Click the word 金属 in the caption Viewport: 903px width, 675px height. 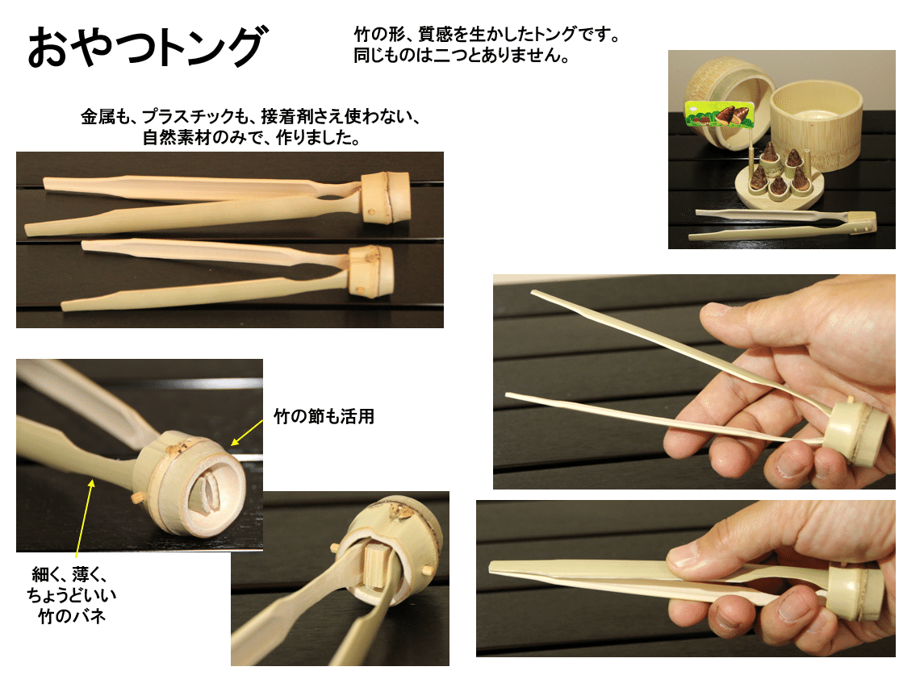pos(95,117)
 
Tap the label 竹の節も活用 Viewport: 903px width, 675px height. pos(324,417)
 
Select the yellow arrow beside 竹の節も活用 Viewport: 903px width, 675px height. pos(249,430)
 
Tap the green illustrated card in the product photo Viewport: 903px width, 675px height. pos(719,114)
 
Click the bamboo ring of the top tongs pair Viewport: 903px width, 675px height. pos(386,197)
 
